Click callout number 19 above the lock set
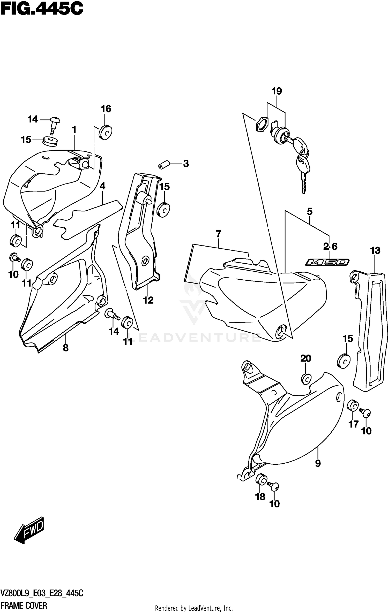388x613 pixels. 277,91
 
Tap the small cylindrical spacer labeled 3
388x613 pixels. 164,165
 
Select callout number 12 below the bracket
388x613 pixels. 148,300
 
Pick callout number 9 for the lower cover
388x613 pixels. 318,463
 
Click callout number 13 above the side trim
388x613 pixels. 375,250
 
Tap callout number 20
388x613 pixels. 305,358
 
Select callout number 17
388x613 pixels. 354,424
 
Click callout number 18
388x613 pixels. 260,496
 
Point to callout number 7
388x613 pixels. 219,234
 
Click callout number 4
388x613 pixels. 102,186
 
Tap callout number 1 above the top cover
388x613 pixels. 74,129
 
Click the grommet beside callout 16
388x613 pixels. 106,132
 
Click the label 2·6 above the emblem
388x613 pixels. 330,247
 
